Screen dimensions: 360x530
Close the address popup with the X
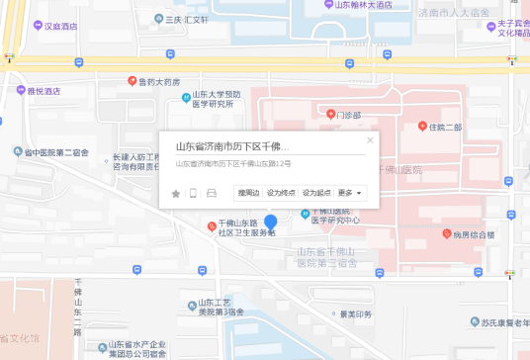(x=370, y=140)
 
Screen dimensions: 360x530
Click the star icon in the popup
(x=176, y=193)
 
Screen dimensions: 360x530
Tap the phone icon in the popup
(x=194, y=193)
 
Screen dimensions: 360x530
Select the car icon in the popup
(x=212, y=193)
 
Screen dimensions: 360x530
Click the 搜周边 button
(x=248, y=193)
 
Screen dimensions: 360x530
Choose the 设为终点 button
(x=282, y=193)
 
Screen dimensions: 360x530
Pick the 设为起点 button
(x=316, y=193)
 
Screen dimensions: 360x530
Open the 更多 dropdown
(x=350, y=193)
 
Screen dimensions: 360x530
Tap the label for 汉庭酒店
(x=60, y=26)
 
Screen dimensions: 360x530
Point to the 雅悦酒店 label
(x=44, y=91)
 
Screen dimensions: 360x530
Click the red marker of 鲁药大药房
(x=132, y=81)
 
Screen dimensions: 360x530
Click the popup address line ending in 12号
(x=233, y=163)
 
